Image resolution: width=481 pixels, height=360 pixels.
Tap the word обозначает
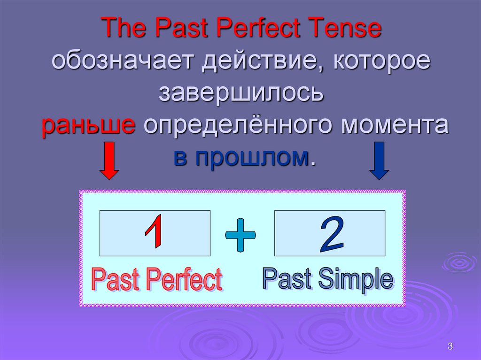click(124, 62)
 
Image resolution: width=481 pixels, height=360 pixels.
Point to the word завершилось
click(241, 93)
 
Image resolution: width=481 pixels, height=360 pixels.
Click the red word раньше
click(89, 125)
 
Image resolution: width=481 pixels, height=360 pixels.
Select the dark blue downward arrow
click(380, 161)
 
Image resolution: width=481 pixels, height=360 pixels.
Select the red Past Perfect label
click(156, 280)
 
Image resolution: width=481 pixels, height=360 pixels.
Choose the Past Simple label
click(327, 279)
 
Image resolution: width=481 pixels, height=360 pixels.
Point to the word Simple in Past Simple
click(356, 280)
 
